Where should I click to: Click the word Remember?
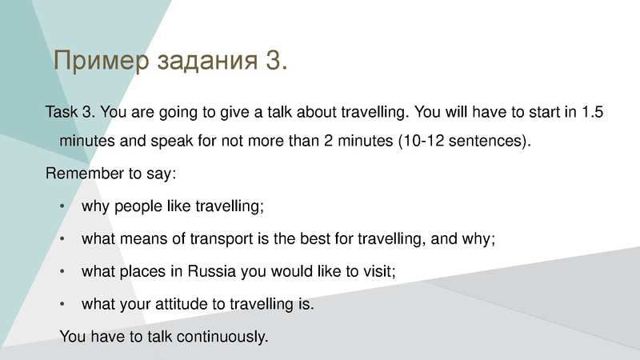click(x=81, y=174)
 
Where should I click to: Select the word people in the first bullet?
click(x=138, y=206)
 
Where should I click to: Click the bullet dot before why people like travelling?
click(x=64, y=206)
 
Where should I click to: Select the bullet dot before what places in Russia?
click(x=64, y=271)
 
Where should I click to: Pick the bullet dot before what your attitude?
click(x=64, y=304)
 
